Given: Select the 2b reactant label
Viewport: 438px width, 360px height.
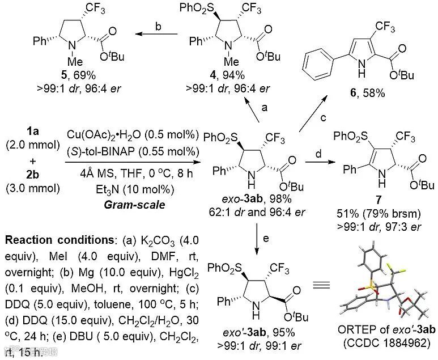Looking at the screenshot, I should (23, 168).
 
